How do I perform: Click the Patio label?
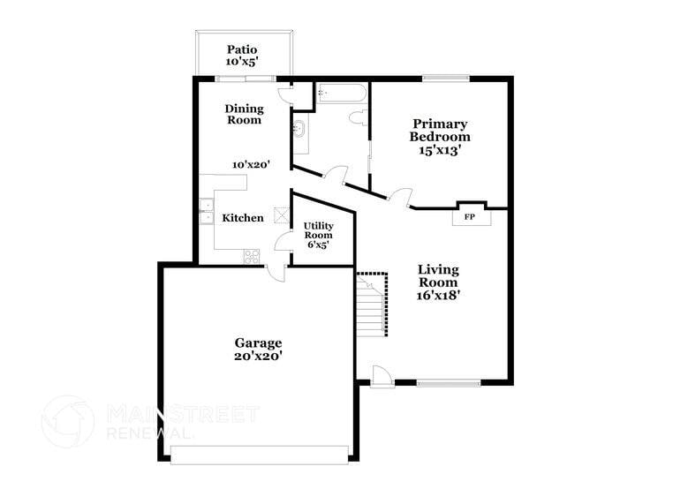[x=242, y=49]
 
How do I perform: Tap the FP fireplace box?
[x=469, y=214]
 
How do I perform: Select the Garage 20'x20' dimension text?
[x=258, y=356]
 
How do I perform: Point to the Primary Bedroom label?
[x=440, y=131]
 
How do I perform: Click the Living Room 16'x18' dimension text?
[x=439, y=296]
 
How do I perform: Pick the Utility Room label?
[x=318, y=230]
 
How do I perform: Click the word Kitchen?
[x=243, y=218]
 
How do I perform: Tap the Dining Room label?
[x=244, y=114]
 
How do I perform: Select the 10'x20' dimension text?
[x=251, y=164]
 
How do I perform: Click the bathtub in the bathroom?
[x=341, y=93]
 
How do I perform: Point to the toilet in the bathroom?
[x=359, y=117]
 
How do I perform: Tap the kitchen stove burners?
[x=252, y=256]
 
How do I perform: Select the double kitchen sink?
[x=206, y=213]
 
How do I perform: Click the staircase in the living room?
[x=372, y=305]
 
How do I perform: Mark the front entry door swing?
[x=382, y=375]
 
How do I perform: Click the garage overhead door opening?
[x=260, y=454]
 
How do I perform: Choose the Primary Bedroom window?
[x=445, y=79]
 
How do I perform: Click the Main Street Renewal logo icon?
[x=68, y=422]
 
